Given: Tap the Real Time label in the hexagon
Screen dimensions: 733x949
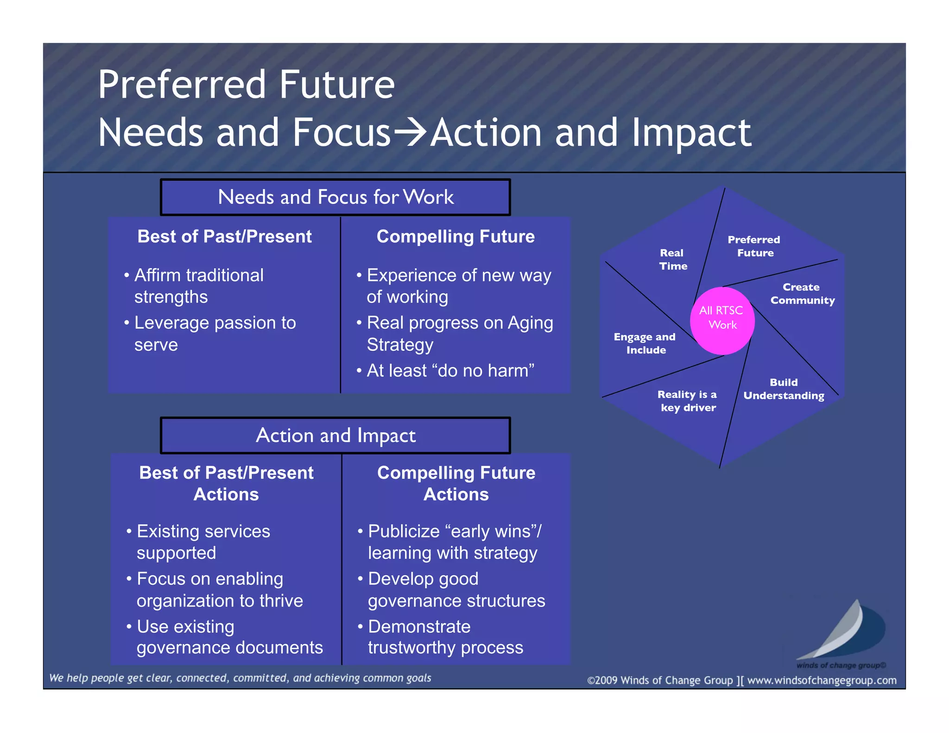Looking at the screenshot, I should point(673,259).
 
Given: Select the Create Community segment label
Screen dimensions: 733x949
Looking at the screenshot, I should point(802,294).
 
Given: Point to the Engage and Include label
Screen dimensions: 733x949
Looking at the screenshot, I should point(645,343).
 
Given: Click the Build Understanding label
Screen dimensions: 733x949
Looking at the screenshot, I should point(784,389).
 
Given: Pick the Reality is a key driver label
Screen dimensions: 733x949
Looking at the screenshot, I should point(688,401).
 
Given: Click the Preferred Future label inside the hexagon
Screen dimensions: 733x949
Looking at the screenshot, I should point(754,246).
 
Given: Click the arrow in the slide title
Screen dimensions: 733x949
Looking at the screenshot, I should point(410,133).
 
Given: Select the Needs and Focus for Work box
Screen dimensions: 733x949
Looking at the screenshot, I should point(335,197).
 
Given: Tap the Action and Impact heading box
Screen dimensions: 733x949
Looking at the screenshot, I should point(335,436).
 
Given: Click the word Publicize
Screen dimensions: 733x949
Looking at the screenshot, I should point(403,531).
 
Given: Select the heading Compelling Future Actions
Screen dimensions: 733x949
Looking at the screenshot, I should point(456,483).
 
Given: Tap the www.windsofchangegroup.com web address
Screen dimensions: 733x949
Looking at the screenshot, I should point(822,680).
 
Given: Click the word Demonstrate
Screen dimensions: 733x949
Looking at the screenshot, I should point(419,626).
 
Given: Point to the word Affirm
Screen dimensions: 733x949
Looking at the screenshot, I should point(156,275).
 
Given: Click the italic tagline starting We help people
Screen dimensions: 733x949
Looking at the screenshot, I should point(240,678).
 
